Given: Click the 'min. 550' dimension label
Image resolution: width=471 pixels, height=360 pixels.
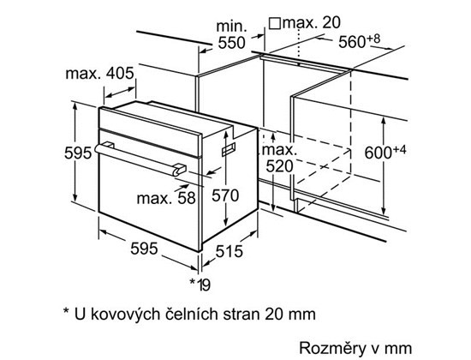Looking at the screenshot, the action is (231, 34).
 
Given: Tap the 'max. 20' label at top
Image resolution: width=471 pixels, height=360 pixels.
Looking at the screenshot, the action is (312, 23).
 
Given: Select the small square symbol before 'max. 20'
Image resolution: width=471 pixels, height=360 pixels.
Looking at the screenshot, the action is (275, 23).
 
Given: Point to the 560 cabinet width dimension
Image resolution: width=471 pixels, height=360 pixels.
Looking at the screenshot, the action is (360, 41).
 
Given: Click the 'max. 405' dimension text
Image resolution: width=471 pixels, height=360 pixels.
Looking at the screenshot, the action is (99, 74).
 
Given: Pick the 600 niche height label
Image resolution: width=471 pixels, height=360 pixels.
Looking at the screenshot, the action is (385, 152).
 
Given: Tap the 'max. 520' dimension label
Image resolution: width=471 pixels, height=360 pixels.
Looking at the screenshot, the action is (279, 158).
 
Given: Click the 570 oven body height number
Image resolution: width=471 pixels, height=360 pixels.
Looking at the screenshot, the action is (225, 195).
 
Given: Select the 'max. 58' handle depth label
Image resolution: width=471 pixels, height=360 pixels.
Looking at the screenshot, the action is (166, 199).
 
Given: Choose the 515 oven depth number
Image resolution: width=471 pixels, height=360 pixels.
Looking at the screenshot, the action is (230, 251).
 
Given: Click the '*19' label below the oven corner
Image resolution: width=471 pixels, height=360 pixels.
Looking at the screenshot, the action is (200, 285).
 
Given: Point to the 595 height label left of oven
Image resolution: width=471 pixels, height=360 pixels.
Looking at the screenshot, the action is (78, 153).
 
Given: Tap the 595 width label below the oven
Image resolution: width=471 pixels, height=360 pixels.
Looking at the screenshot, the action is (144, 249).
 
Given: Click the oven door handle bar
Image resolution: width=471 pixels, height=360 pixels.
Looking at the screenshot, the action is (136, 159).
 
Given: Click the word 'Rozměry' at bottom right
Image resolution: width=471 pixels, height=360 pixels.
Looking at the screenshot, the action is (332, 348).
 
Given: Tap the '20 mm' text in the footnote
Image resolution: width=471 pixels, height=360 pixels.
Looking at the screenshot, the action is (290, 315).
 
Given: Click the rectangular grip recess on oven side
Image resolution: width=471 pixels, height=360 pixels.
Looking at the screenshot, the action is (229, 149).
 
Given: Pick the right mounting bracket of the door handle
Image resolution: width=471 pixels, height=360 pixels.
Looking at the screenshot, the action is (179, 169).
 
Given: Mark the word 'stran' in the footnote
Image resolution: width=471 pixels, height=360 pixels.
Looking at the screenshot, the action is (241, 315).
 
